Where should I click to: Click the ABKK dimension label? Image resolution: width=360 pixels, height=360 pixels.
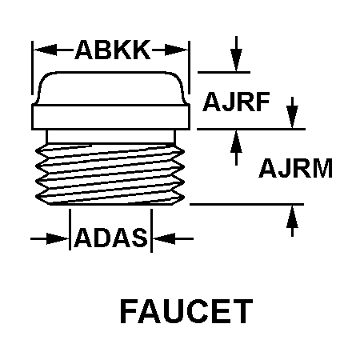[113, 50]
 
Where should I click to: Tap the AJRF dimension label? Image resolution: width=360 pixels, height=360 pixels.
[236, 102]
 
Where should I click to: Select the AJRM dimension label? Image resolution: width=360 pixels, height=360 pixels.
[296, 168]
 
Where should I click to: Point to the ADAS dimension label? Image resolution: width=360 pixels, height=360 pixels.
[111, 237]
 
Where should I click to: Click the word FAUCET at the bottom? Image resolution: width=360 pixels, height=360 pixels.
[186, 311]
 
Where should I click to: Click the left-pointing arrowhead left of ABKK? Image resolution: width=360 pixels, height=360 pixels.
[45, 50]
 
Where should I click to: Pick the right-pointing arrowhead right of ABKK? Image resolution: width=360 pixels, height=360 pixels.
[176, 50]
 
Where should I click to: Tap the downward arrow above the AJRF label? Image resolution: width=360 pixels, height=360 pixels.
[236, 54]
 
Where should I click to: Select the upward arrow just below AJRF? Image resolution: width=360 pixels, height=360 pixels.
[236, 147]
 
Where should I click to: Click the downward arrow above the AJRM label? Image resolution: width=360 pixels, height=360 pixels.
[292, 113]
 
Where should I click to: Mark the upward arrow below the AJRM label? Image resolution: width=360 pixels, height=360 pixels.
[292, 221]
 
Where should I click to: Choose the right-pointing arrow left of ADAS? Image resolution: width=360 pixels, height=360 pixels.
[50, 238]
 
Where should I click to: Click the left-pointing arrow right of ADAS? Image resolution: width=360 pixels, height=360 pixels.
[173, 238]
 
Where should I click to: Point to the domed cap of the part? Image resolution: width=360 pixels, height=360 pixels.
[110, 88]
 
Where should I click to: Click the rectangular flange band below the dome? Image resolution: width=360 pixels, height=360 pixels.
[110, 118]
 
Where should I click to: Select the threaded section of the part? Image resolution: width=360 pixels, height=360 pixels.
[110, 174]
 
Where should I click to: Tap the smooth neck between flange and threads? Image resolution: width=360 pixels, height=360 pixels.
[110, 137]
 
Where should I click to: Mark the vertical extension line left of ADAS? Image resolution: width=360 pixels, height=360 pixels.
[70, 230]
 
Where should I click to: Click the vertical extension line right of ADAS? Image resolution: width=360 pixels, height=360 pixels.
[151, 230]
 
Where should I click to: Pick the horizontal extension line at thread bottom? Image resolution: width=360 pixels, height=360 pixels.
[246, 204]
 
